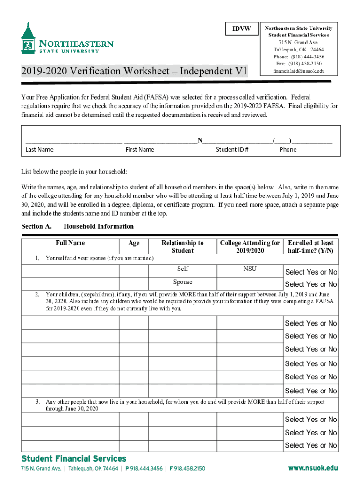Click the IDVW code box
[x=242, y=29]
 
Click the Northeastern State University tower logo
[x=28, y=38]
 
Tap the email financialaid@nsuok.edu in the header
[x=298, y=71]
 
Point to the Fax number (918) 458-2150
[x=298, y=64]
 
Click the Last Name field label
[x=39, y=150]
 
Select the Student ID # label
[x=232, y=150]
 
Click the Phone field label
[x=288, y=150]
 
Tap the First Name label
[x=140, y=150]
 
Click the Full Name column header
[x=70, y=243]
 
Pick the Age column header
[x=134, y=243]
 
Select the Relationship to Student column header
[x=182, y=247]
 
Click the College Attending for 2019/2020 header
[x=250, y=247]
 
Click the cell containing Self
[x=182, y=269]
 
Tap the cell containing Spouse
[x=182, y=282]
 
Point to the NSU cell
[x=250, y=269]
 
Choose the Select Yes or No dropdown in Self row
[x=311, y=272]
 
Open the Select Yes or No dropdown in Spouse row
[x=311, y=284]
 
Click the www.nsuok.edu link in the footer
[x=313, y=468]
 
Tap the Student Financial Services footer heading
[x=73, y=458]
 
